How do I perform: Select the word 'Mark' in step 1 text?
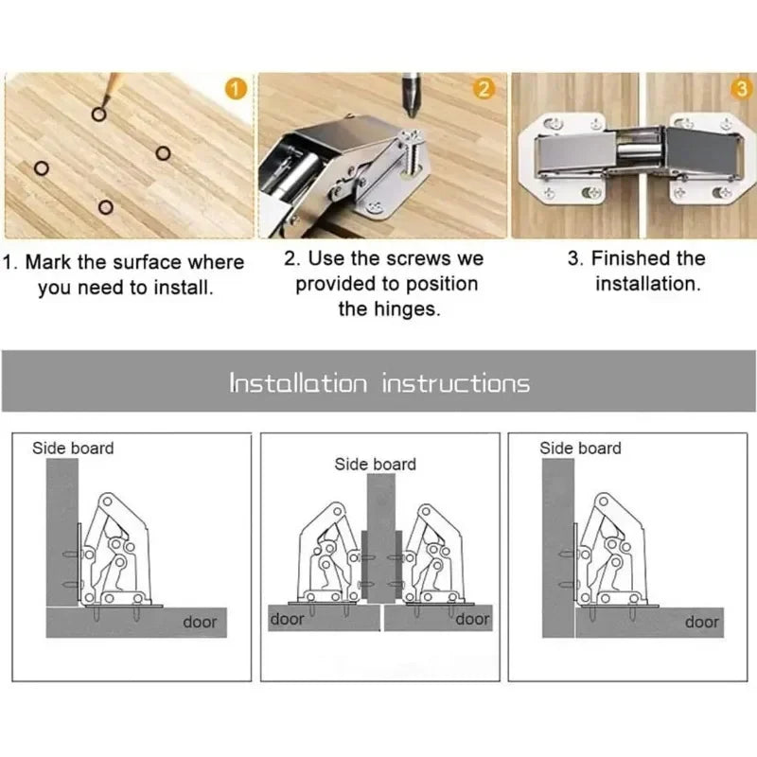coord(47,262)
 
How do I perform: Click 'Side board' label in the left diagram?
coord(73,448)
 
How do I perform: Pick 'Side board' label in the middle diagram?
coord(375,464)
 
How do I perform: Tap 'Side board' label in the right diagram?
coord(580,448)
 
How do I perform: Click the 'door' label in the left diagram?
coord(200,622)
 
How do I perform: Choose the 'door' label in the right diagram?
coord(701,622)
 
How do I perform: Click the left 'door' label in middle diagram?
coord(288,619)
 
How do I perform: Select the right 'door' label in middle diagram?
coord(472,619)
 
